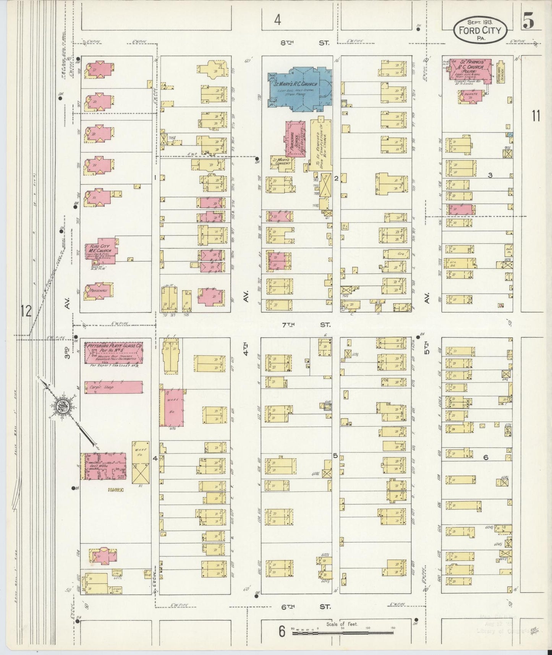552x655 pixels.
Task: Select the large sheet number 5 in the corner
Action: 529,22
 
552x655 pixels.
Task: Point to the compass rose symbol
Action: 61,406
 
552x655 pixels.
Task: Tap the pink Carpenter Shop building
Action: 113,387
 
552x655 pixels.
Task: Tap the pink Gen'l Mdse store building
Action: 103,466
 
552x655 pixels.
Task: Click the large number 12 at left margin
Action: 26,311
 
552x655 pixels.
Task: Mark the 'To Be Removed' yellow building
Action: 321,144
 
